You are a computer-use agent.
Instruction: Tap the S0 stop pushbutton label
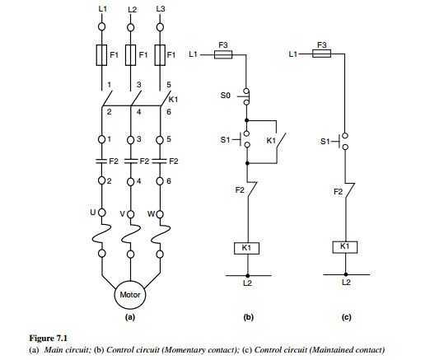click(x=225, y=96)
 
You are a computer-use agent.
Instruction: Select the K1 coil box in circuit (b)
click(x=246, y=248)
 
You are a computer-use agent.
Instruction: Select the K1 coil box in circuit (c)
click(x=345, y=247)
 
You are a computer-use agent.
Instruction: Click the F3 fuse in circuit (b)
click(x=223, y=54)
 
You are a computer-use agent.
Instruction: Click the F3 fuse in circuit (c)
click(x=321, y=54)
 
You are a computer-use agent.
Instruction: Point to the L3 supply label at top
click(x=161, y=9)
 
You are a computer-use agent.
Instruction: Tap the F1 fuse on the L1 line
click(x=101, y=55)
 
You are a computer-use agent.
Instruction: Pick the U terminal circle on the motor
click(x=102, y=213)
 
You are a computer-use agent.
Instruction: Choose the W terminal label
click(x=151, y=213)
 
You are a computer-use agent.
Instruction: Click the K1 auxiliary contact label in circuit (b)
click(x=271, y=141)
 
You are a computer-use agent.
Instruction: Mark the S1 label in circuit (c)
click(x=325, y=142)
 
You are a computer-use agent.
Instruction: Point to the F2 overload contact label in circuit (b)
click(x=240, y=190)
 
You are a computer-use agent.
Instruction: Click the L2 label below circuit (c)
click(x=346, y=283)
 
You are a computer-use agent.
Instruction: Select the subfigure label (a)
click(x=130, y=317)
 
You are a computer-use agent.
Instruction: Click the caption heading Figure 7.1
click(x=48, y=338)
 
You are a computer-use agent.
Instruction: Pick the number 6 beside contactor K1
click(x=169, y=112)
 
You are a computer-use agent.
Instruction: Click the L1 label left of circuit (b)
click(x=193, y=54)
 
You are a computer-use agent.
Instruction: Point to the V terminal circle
click(x=131, y=214)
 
